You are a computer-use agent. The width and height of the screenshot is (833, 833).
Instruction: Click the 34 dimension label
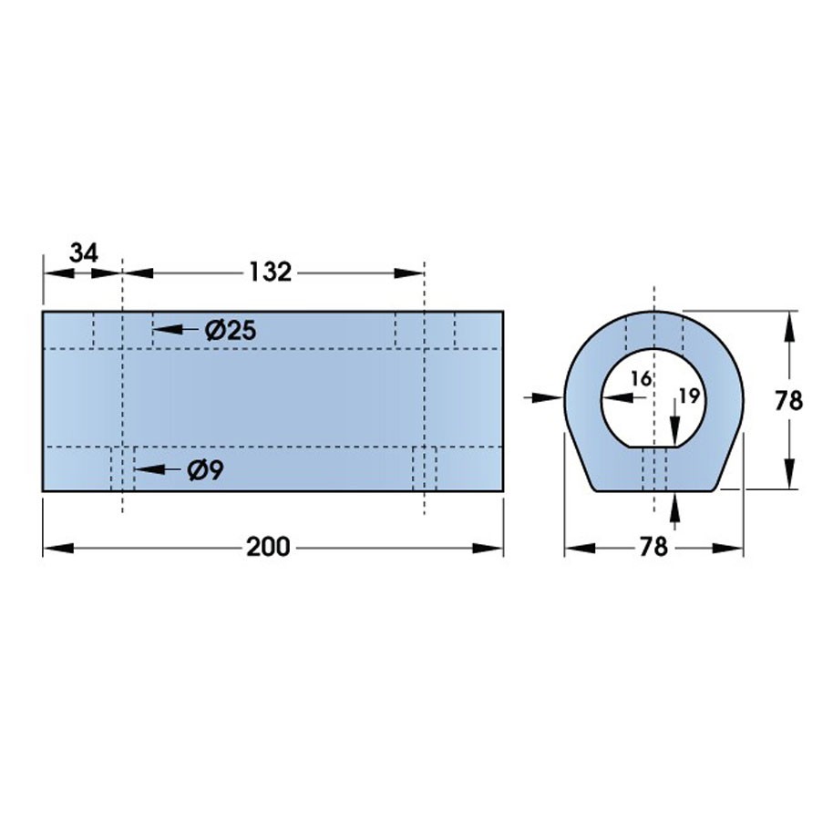(83, 252)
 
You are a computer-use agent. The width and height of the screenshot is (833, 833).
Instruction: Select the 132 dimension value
(270, 272)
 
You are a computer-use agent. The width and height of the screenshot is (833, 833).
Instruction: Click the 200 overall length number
(268, 547)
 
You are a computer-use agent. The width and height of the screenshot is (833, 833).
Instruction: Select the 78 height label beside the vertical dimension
(788, 401)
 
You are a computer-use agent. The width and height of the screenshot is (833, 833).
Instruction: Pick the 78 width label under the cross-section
(653, 547)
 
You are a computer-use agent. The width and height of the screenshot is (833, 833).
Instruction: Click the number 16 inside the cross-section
(641, 379)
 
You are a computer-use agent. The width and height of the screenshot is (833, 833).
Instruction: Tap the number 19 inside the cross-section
(688, 396)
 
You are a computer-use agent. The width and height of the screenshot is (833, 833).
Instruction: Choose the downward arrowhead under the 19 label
(674, 435)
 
